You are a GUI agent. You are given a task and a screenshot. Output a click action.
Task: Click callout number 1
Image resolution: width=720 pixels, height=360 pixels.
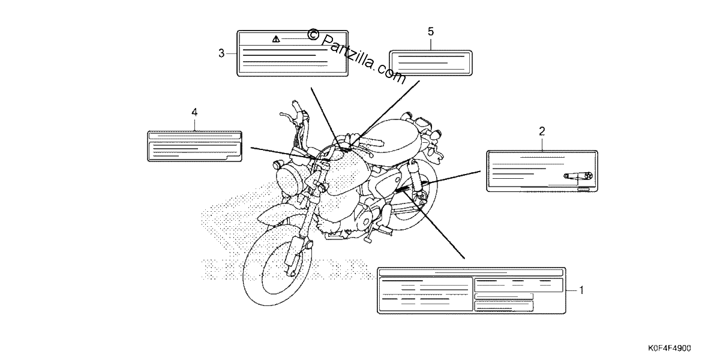(581, 290)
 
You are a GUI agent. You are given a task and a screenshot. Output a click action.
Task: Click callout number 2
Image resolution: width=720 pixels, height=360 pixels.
(542, 131)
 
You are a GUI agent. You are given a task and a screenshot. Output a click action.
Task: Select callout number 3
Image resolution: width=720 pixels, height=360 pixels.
(221, 53)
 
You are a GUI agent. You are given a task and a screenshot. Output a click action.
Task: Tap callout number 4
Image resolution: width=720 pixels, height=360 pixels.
(194, 113)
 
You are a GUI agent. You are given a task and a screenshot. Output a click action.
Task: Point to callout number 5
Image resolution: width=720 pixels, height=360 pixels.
(431, 31)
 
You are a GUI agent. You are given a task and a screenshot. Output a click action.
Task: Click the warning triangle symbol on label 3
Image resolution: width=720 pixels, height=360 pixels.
(276, 39)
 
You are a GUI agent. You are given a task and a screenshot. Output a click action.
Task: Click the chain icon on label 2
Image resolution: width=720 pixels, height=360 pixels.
(578, 176)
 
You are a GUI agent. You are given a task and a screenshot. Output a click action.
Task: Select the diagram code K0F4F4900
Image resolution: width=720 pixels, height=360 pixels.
(669, 348)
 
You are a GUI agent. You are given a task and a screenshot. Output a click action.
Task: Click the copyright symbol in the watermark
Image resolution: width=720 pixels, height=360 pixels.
(313, 34)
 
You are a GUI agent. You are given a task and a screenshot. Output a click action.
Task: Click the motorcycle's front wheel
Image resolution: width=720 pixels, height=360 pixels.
(277, 265)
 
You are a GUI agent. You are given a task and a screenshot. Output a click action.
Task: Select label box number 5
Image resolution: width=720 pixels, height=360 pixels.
(431, 63)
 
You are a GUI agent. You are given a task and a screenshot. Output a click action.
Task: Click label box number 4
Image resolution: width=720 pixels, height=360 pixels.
(194, 146)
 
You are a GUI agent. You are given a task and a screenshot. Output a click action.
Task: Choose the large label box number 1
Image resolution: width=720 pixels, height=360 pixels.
(472, 290)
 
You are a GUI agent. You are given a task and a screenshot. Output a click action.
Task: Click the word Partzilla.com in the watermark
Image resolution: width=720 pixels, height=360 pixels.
(363, 59)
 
